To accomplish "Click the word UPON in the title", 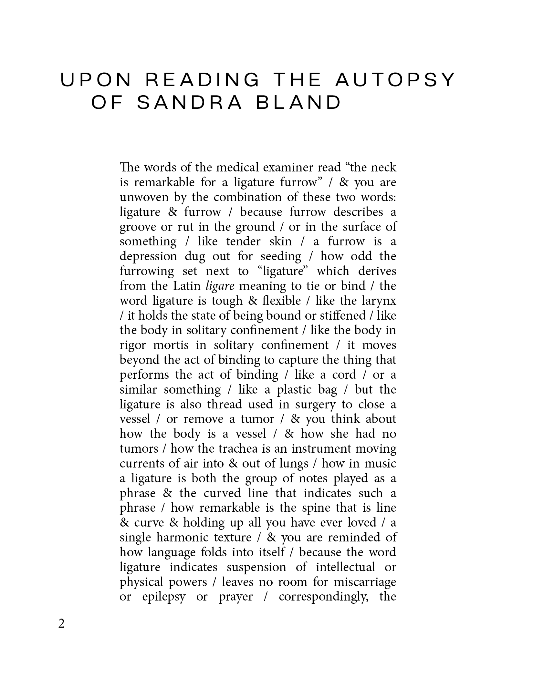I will coord(96,80).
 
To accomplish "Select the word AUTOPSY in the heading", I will coord(395,80).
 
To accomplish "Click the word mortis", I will coord(171,345).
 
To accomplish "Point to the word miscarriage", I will coord(365,582).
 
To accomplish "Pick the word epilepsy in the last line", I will coord(164,597).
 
